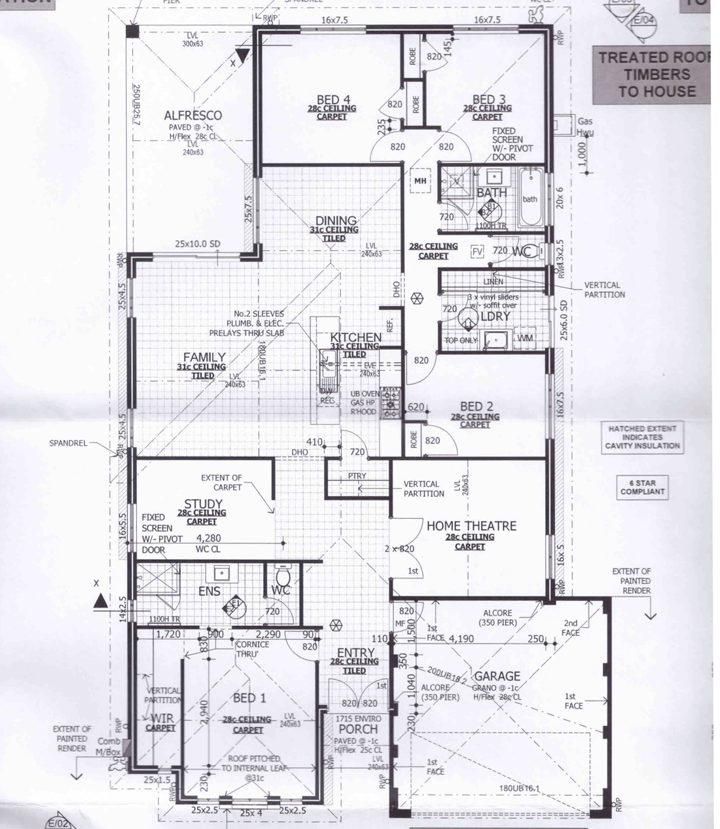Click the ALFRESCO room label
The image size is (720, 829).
(x=192, y=115)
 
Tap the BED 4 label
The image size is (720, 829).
(x=333, y=100)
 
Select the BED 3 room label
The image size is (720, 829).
(x=488, y=100)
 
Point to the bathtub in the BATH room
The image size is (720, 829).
(x=530, y=199)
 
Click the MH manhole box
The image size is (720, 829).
(x=420, y=181)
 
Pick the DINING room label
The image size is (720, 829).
(x=336, y=221)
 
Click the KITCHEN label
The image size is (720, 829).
(x=355, y=337)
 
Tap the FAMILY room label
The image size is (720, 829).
(x=204, y=358)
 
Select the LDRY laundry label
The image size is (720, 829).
(x=495, y=316)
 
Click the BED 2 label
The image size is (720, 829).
(x=476, y=407)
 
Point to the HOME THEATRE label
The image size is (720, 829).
(x=471, y=526)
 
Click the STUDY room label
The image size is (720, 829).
(x=203, y=504)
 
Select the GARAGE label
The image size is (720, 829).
(x=497, y=676)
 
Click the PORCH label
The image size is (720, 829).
(x=358, y=729)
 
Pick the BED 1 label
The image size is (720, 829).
(x=249, y=698)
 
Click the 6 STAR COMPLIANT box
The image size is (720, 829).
(x=642, y=487)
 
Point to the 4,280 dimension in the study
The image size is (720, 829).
(x=208, y=538)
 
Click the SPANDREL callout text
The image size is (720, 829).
(x=68, y=443)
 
